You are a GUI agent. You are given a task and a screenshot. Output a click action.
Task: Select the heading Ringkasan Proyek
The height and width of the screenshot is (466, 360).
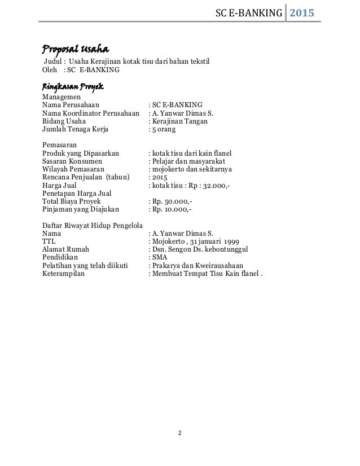(73, 87)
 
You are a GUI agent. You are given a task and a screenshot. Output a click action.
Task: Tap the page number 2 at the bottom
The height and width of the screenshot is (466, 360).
(180, 433)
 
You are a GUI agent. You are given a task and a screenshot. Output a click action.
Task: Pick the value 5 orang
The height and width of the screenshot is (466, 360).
(164, 129)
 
